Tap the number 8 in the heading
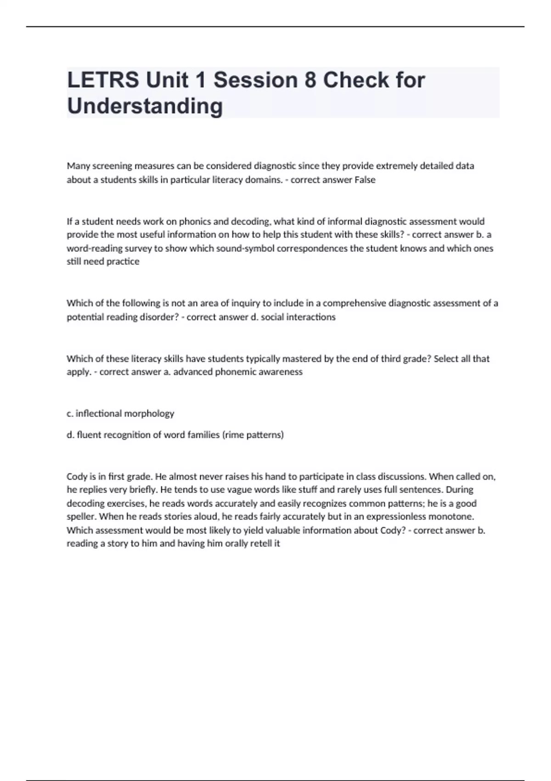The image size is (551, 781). coord(310,80)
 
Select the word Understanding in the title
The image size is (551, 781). coord(145,106)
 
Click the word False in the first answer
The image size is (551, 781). coord(365,180)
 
